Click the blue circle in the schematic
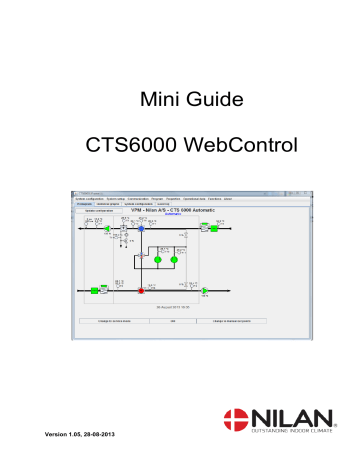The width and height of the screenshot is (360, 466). (143, 228)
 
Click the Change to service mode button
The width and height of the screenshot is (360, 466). (113, 321)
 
